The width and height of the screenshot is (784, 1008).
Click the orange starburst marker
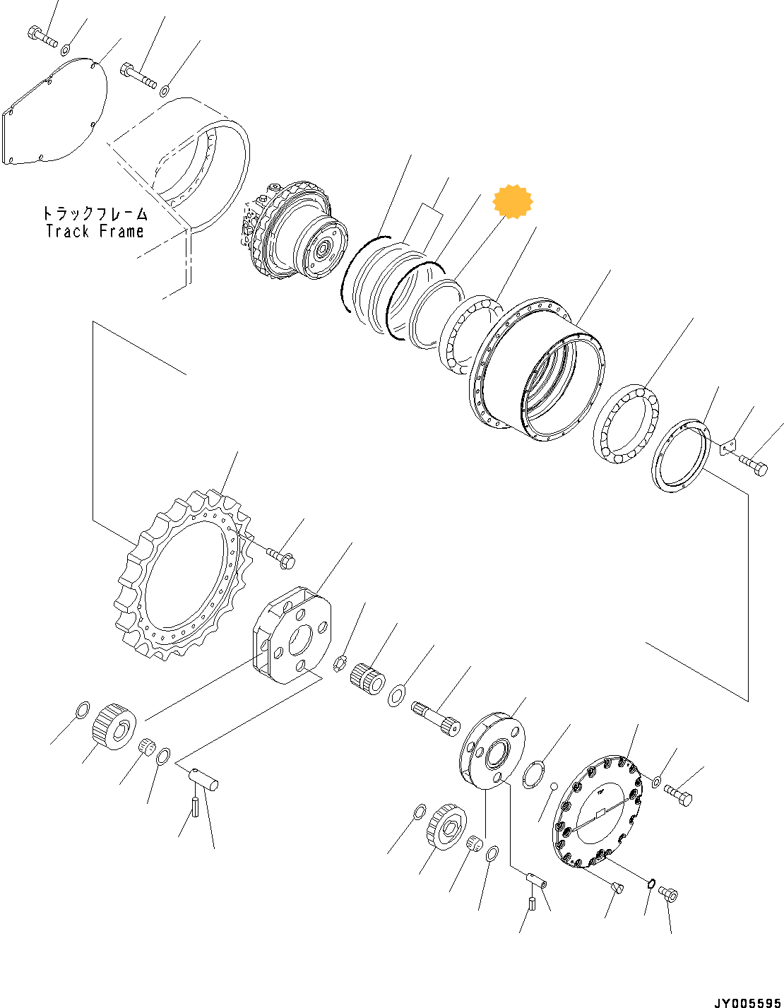point(512,201)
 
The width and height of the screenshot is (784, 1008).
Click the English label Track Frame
point(95,232)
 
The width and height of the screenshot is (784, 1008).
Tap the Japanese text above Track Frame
point(95,213)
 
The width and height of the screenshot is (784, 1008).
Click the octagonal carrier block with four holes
point(291,636)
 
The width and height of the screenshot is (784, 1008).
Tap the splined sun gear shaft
point(434,717)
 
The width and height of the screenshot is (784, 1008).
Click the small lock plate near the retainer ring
point(727,447)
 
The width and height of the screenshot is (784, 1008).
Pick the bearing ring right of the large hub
point(626,425)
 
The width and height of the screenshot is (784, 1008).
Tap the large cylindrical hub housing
point(537,371)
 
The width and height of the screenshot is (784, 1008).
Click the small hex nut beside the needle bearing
point(339,663)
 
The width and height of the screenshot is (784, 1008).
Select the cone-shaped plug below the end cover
point(617,887)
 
